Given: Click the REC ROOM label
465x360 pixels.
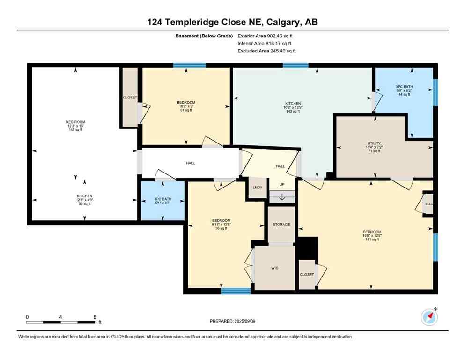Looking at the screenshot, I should [x=75, y=126].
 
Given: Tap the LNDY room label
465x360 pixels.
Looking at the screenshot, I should [x=257, y=187].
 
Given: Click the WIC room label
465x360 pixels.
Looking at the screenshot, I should [x=274, y=268].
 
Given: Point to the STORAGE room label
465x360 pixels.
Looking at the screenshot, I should [x=281, y=225].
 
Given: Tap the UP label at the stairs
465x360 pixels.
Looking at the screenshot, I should [x=282, y=184].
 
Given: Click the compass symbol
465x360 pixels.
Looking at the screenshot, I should [x=429, y=317].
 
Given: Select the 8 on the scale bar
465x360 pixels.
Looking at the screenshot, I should [x=95, y=317].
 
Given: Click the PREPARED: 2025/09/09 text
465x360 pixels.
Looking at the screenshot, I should [x=232, y=321].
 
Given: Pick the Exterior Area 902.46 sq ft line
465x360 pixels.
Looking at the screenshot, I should [x=266, y=36].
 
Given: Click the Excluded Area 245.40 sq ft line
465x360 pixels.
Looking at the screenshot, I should [x=266, y=51].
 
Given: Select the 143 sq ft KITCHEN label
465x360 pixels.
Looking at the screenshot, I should [x=293, y=107].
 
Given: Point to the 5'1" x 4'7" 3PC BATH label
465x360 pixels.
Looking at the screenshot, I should [x=163, y=200].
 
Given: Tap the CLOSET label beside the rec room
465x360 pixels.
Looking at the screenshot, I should [x=130, y=97].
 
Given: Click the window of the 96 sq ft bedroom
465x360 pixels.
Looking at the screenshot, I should [x=236, y=291].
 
